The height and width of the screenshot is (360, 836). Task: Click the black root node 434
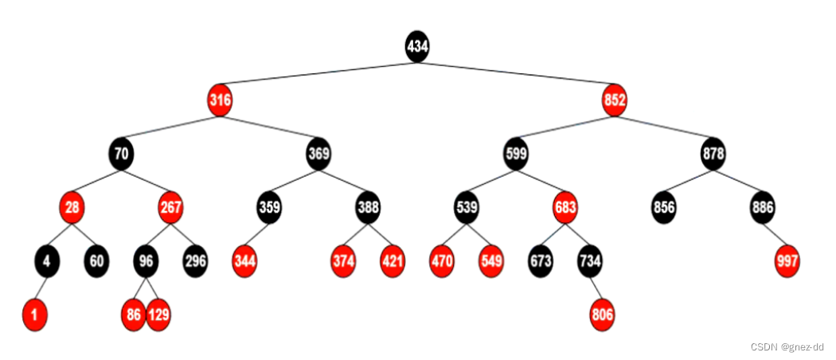417,46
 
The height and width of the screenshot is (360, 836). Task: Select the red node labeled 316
220,100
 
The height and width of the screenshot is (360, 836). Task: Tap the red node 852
615,100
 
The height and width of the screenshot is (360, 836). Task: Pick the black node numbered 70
121,154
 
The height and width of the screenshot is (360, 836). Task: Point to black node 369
318,154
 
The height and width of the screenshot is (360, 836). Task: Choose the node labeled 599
516,154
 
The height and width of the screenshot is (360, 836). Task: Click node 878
713,154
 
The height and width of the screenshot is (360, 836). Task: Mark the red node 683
565,208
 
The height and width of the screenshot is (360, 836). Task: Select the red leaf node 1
34,315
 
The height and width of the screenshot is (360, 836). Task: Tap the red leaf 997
787,261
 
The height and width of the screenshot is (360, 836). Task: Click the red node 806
603,315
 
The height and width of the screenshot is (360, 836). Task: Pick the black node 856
664,208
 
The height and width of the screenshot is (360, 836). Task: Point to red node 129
158,315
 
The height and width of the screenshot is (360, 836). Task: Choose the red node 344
244,261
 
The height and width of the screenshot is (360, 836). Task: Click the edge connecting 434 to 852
516,73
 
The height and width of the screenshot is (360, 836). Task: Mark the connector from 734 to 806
596,288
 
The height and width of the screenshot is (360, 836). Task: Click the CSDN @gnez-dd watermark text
786,346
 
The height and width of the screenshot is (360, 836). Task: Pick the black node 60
96,261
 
